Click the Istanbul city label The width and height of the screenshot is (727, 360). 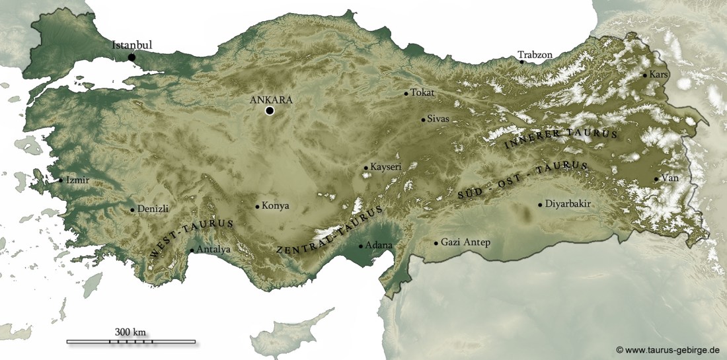coord(132,46)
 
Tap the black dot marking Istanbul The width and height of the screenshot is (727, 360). coord(132,57)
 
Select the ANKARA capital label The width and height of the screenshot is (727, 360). coord(270,100)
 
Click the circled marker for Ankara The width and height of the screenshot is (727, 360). coord(270,111)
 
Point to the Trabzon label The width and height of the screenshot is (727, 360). coord(535,55)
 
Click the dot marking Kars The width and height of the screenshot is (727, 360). coord(645,75)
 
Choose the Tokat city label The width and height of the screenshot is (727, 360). coord(422,92)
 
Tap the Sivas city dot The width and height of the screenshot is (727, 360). coord(423,120)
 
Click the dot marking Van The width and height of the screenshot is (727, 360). coord(656,179)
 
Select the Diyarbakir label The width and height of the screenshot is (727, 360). coord(568,204)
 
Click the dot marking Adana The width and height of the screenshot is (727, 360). coord(360,246)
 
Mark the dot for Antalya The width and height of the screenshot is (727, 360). coord(192,250)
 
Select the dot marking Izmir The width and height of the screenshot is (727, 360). coord(61,180)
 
